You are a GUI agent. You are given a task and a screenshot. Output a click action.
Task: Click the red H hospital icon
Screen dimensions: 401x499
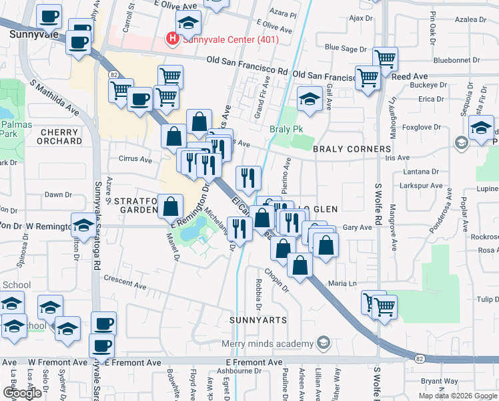coord(172,39)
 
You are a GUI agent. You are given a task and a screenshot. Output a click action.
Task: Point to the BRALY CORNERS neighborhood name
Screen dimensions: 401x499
coord(352,149)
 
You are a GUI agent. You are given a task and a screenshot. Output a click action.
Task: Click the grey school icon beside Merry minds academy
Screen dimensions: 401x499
coord(323,344)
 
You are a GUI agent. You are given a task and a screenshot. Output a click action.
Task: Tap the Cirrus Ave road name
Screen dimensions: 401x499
coord(136,159)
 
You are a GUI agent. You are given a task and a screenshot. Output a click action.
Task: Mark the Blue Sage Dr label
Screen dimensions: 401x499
coord(345,48)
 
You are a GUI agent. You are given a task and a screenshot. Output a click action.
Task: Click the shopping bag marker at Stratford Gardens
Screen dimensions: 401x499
coord(171,206)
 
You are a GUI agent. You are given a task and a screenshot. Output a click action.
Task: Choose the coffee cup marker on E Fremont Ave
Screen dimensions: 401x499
coord(101,346)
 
